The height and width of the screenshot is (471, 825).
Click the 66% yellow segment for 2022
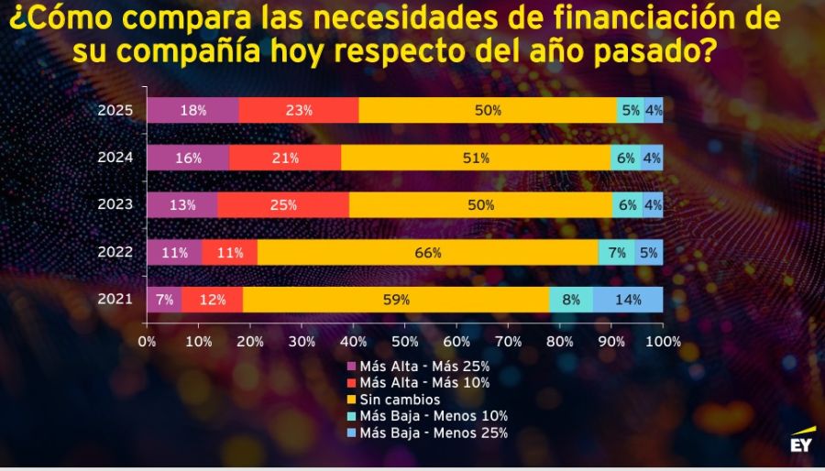[428, 253]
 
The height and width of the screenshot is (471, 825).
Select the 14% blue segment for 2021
[628, 300]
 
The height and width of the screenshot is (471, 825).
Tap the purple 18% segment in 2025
[192, 110]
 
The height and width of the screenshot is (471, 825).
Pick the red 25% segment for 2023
[283, 205]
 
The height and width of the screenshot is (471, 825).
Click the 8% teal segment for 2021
[570, 300]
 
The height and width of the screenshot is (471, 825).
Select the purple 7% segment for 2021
[164, 300]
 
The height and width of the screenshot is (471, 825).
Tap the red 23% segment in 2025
[299, 110]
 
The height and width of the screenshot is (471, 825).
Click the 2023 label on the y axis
[115, 204]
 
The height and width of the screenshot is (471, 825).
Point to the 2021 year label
[115, 299]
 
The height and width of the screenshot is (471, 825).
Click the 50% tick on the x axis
[405, 342]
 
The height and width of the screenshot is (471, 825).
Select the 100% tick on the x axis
[662, 342]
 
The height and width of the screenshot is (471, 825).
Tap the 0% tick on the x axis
[147, 342]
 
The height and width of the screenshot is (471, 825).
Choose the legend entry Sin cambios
[400, 400]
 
